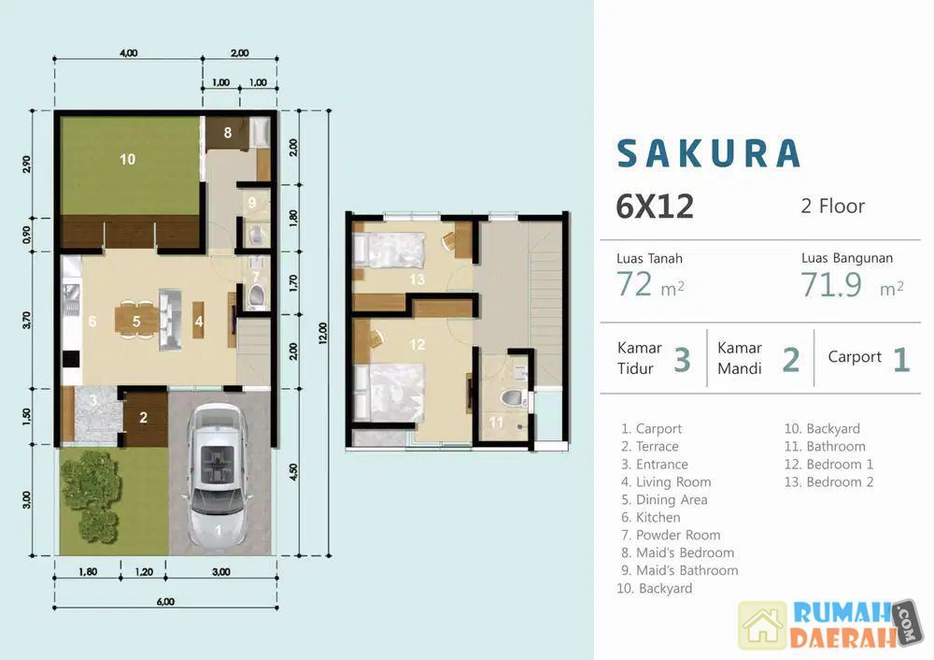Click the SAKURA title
click(708, 153)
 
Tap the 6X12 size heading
click(655, 207)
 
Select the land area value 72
click(634, 284)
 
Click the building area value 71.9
click(831, 284)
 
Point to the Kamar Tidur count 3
click(682, 360)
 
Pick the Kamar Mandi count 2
click(790, 360)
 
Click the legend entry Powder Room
click(671, 535)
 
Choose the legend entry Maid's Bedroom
click(678, 552)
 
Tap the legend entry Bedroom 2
click(829, 481)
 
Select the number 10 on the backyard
click(127, 159)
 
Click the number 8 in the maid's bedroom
click(228, 133)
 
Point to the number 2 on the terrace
click(144, 418)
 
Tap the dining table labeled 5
click(136, 322)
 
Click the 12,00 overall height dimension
click(323, 334)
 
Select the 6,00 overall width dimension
click(165, 601)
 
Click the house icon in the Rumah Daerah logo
click(762, 625)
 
